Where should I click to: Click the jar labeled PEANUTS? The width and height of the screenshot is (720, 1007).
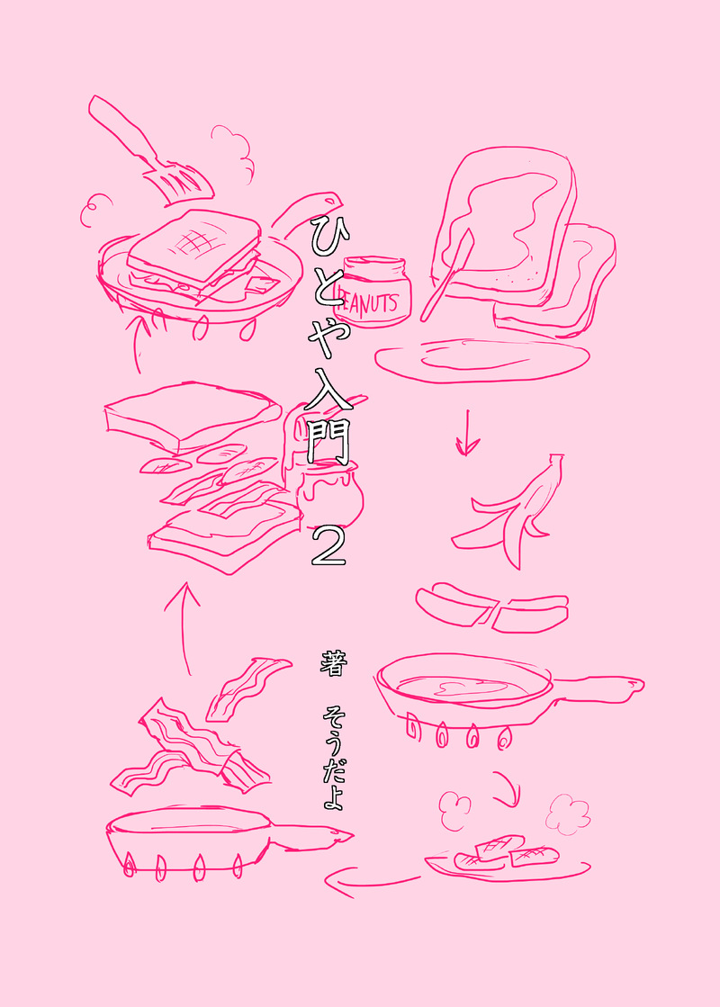373,291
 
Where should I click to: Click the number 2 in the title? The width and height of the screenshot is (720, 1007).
328,546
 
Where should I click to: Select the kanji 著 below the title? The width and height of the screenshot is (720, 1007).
334,662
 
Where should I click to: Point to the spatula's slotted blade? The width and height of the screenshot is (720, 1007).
179,183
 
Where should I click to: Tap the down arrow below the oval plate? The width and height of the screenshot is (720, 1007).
468,433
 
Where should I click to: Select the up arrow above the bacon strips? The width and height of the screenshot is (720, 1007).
184,629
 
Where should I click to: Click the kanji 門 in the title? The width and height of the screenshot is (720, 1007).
328,442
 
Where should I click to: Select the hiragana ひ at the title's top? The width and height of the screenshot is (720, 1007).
328,234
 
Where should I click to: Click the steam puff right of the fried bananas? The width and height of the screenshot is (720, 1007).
568,814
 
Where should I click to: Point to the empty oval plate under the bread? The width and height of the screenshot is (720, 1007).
481,360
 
